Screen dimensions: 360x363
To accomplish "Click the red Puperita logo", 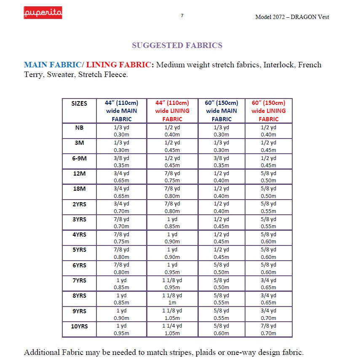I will pyautogui.click(x=43, y=13).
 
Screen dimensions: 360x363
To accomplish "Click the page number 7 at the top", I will pyautogui.click(x=182, y=16).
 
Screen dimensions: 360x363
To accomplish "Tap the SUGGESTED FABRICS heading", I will pyautogui.click(x=177, y=45).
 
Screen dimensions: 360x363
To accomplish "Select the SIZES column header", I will pyautogui.click(x=79, y=103).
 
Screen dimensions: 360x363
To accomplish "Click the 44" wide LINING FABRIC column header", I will pyautogui.click(x=172, y=111).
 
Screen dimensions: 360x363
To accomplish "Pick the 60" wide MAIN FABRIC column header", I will pyautogui.click(x=222, y=111).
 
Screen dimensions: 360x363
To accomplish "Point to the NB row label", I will pyautogui.click(x=79, y=127).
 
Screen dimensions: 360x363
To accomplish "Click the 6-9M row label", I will pyautogui.click(x=79, y=158).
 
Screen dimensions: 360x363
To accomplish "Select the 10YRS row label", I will pyautogui.click(x=79, y=326).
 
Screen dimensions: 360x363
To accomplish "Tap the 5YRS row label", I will pyautogui.click(x=79, y=250).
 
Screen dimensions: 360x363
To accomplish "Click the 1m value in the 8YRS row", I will pyautogui.click(x=172, y=303).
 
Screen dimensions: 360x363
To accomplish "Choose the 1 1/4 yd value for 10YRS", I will pyautogui.click(x=172, y=326).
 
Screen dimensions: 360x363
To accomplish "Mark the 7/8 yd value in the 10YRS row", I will pyautogui.click(x=268, y=326).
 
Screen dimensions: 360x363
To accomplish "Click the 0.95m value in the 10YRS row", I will pyautogui.click(x=121, y=333).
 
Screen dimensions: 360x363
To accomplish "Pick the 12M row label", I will pyautogui.click(x=79, y=173).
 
